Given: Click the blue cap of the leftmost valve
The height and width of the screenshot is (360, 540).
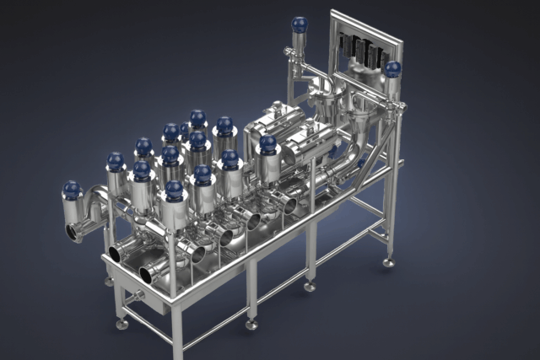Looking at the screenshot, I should coord(73,188).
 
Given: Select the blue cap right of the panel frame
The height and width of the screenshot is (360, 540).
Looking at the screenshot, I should coord(392,69).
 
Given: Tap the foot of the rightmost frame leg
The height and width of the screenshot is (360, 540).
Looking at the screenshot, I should coord(388,263).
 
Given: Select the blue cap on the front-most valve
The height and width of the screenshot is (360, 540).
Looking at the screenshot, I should coord(174,191).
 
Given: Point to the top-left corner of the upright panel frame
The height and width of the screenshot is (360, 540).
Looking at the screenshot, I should coord(332,13).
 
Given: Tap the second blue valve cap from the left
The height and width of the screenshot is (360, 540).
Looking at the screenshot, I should coord(116,161).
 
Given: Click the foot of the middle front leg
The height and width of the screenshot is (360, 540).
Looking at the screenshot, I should coord(251,324).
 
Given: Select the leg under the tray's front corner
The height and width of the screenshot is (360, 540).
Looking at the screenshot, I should coord(176,329).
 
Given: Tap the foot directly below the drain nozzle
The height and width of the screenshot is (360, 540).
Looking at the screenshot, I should coord(122,323).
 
